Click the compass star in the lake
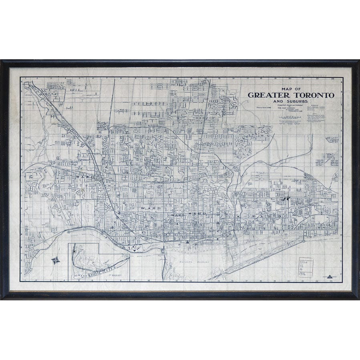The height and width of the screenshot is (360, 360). point(55,260)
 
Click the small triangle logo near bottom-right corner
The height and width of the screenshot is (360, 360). point(330,277)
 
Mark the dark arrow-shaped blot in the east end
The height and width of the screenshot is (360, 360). point(286,198)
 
